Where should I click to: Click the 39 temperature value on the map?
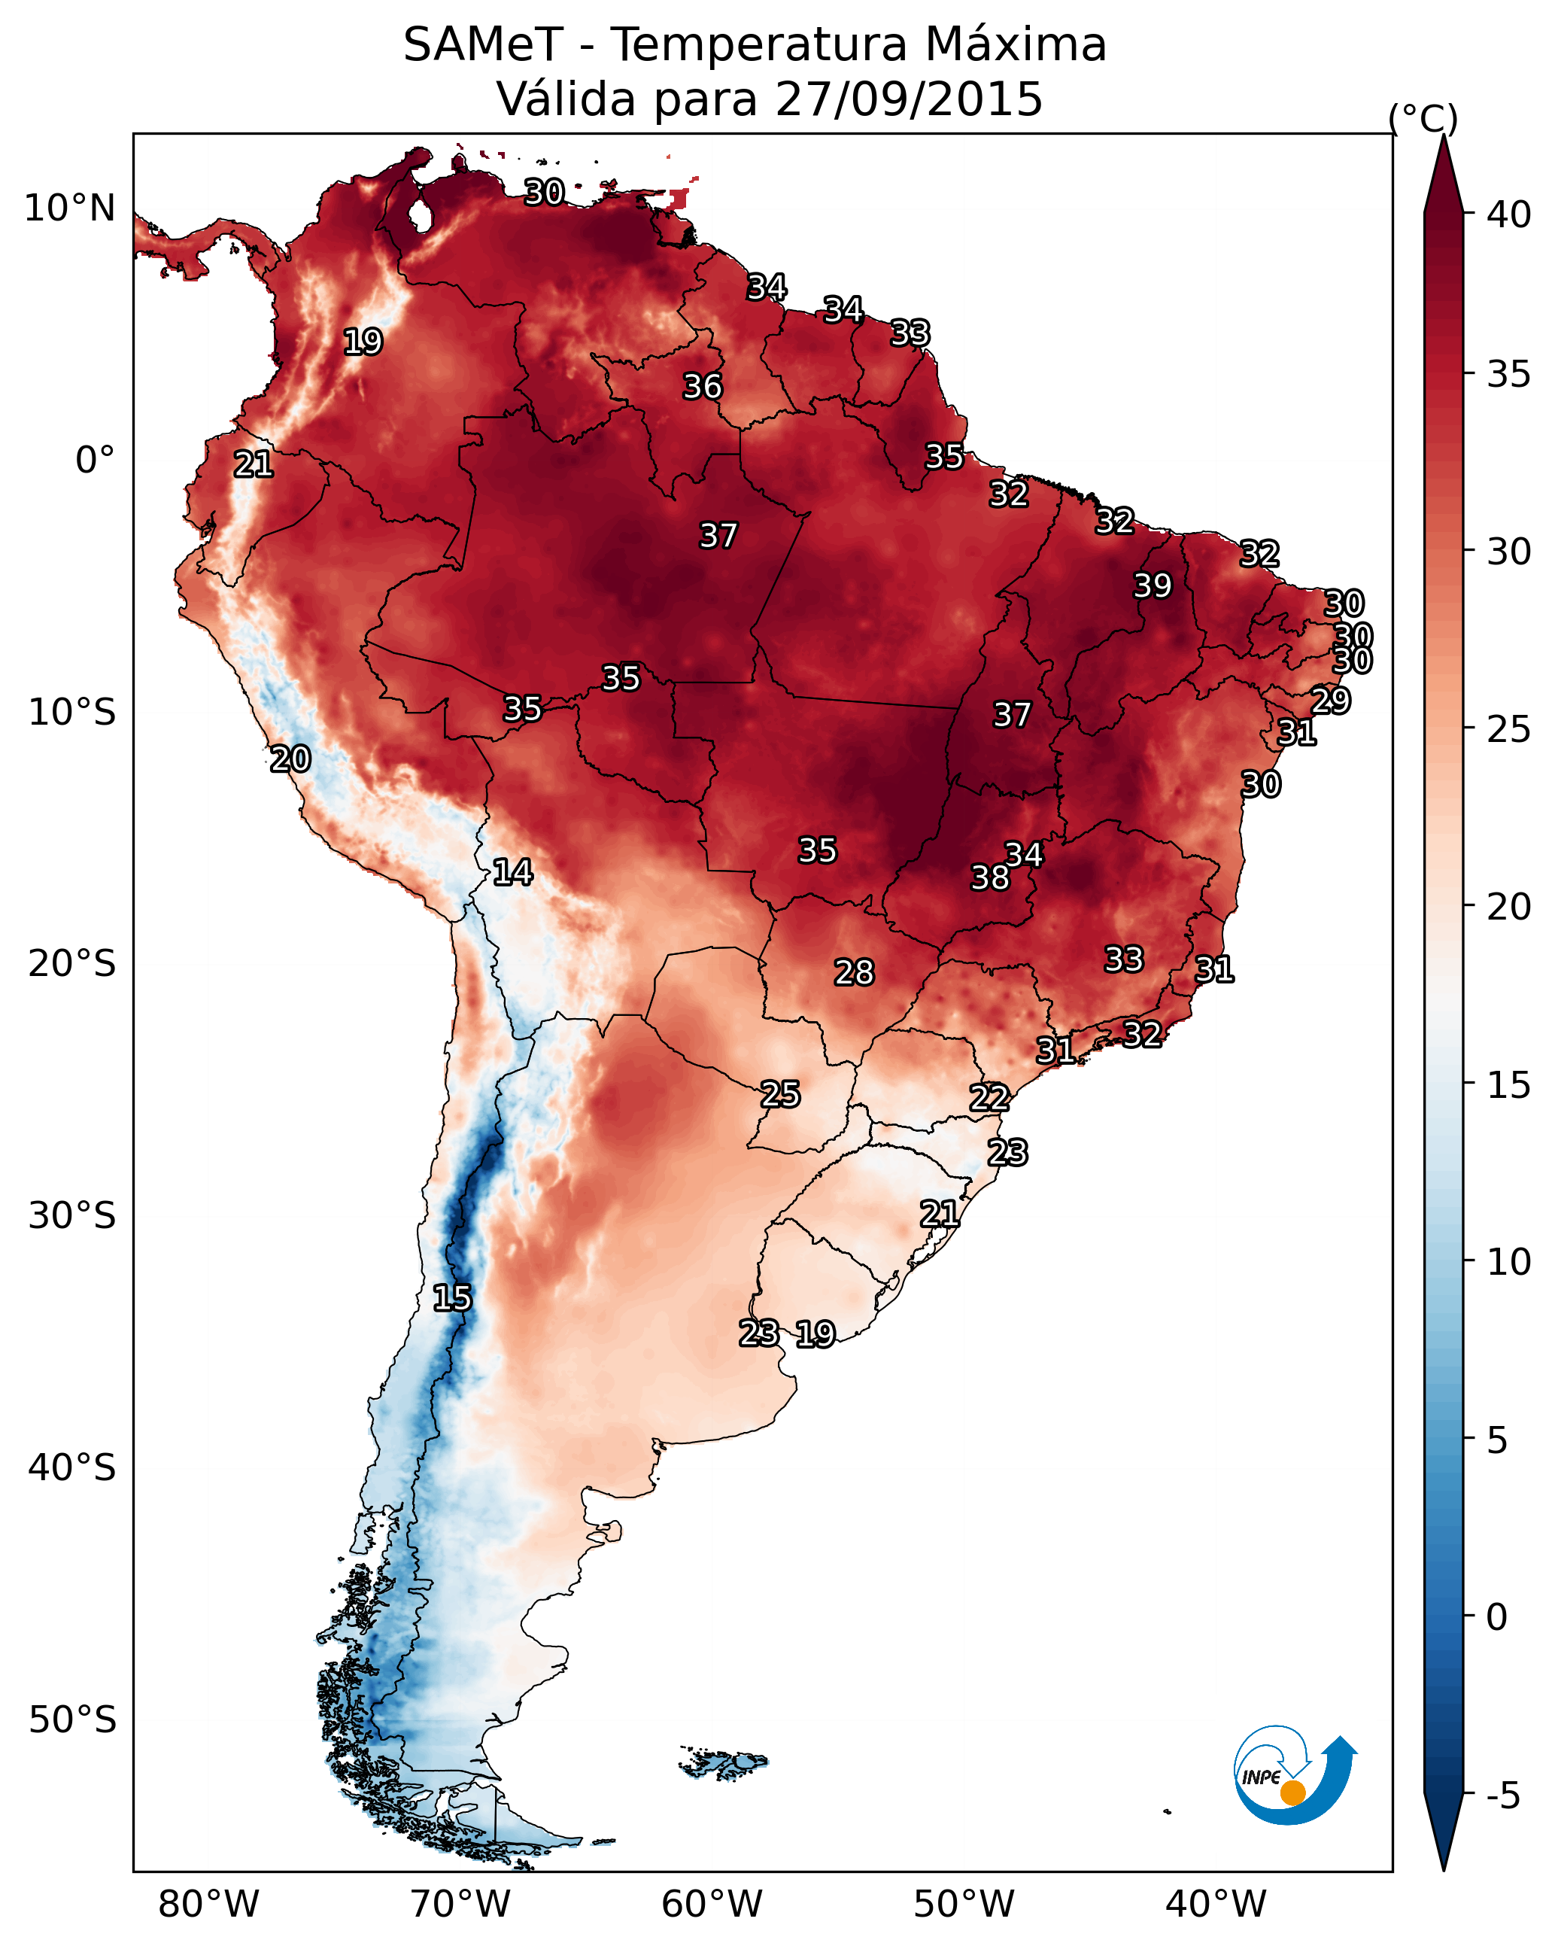[1153, 585]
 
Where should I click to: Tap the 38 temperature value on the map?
[990, 877]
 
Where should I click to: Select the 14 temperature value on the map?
[512, 872]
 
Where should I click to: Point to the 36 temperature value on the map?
[702, 386]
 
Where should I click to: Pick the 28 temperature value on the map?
[854, 972]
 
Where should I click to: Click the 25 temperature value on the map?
[779, 1094]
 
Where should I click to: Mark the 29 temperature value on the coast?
[1330, 701]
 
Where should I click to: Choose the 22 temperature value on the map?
[989, 1098]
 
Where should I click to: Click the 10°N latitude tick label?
[69, 208]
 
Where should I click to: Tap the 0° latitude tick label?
[96, 461]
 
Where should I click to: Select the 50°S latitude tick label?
[72, 1720]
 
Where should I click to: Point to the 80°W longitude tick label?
[208, 1904]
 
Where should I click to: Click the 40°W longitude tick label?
[1216, 1904]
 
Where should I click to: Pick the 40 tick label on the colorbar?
[1509, 214]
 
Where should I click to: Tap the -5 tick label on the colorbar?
[1502, 1796]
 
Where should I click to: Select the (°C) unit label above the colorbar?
[1423, 118]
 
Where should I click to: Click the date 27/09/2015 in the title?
[909, 99]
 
